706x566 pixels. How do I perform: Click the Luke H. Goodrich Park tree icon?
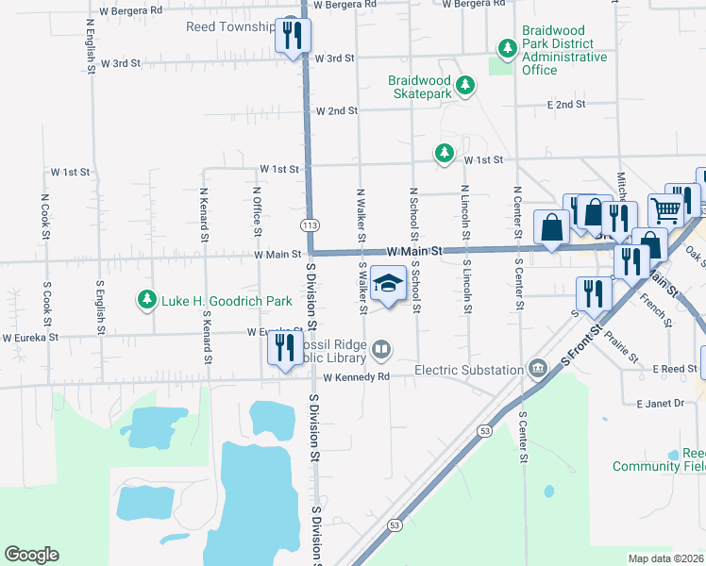pos(146,300)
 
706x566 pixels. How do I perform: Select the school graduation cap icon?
pos(386,282)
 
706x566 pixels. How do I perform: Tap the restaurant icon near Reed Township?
pos(292,36)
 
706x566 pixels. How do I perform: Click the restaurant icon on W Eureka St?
pos(284,348)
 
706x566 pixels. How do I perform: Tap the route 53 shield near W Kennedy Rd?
pos(485,431)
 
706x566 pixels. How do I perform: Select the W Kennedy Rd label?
pos(356,377)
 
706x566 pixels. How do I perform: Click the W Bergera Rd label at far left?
pos(130,8)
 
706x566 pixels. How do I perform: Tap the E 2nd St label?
pos(565,105)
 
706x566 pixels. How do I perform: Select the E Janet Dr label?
pos(665,404)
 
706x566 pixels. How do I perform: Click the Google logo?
pos(31,555)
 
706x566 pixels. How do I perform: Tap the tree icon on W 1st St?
pos(443,152)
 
